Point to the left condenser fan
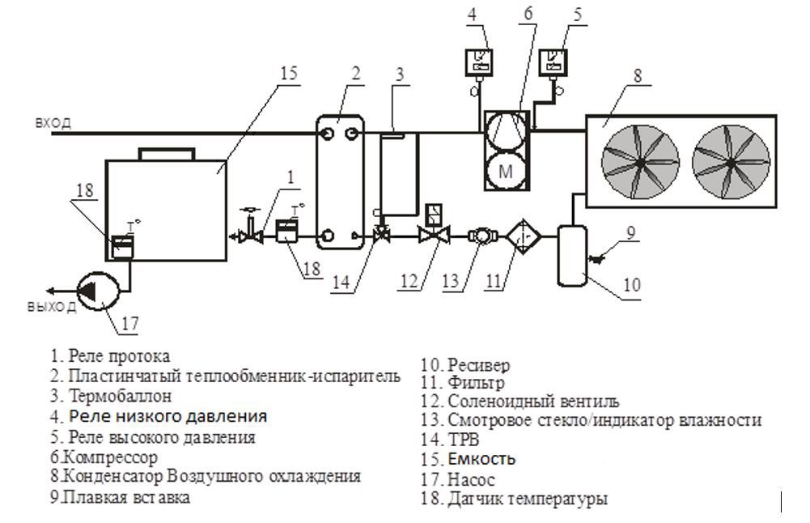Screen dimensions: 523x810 (x=639, y=161)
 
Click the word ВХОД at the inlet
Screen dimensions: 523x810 (x=53, y=123)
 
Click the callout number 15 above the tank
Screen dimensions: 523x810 (x=288, y=74)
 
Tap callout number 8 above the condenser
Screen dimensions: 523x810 (x=638, y=77)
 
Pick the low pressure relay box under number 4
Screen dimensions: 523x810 (x=481, y=62)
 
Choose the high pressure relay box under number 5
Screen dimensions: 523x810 (x=553, y=62)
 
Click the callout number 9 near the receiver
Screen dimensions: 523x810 (x=631, y=233)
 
